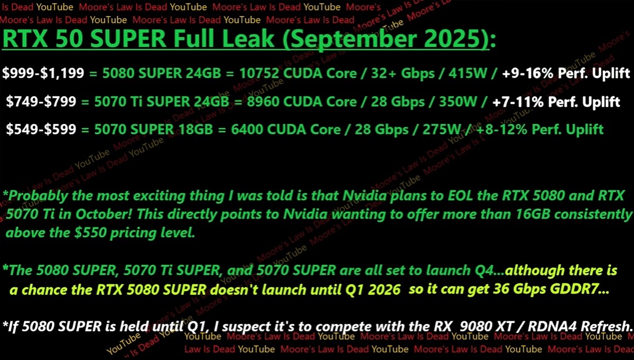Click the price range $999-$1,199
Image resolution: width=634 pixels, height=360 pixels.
(43, 73)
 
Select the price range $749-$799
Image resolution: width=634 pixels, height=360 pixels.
(41, 102)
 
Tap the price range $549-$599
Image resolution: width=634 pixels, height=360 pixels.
(41, 129)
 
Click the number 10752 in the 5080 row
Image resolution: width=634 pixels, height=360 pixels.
(266, 73)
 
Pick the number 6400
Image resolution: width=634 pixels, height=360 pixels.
(252, 129)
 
